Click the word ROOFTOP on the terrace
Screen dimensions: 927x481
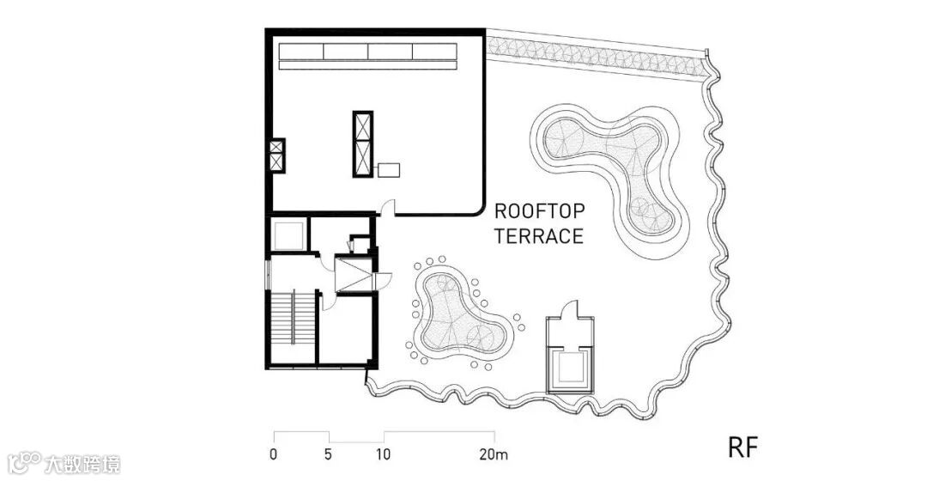coord(539,211)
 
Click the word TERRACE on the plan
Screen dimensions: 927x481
coord(539,236)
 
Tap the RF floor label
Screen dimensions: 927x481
coord(742,448)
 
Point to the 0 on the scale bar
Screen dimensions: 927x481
coord(273,454)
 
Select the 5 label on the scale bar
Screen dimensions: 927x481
coord(328,454)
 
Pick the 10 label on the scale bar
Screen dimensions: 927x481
coord(384,454)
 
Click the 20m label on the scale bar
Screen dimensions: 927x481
coord(494,454)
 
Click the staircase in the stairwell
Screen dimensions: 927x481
coord(293,318)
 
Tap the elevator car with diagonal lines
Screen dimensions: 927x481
coord(354,274)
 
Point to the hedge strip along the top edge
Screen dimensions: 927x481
coord(597,56)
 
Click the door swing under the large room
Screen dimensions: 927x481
coord(388,208)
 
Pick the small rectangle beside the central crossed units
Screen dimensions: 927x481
coord(389,170)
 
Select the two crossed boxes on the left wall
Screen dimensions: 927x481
coord(277,155)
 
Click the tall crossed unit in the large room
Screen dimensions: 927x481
coord(363,143)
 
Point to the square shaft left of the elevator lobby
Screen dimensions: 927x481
coord(288,234)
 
